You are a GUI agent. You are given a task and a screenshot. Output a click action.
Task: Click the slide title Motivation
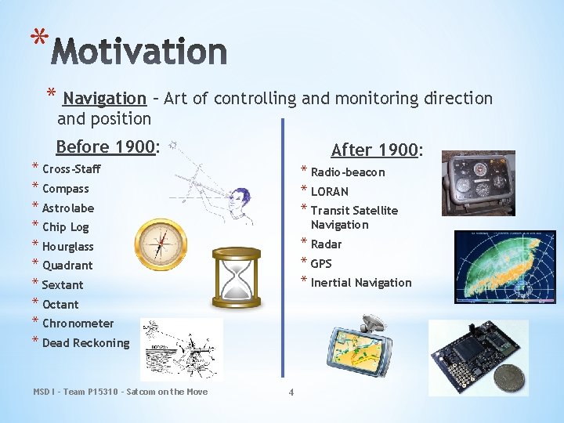point(142,52)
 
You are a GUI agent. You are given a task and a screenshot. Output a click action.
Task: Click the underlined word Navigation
point(104,99)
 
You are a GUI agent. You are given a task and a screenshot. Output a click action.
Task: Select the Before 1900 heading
point(107,147)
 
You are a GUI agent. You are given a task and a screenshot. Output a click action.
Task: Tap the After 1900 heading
point(377,150)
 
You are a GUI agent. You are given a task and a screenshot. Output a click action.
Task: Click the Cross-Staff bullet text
point(71,169)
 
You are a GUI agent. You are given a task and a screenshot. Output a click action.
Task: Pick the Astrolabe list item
point(67,208)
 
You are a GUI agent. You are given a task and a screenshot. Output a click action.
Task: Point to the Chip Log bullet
point(65,227)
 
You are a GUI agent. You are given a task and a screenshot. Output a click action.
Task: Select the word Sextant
point(63,284)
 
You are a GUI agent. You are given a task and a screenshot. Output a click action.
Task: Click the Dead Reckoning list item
point(85,342)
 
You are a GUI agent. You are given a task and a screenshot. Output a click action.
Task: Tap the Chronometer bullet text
point(78,323)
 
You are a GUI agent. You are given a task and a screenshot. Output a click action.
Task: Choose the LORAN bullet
point(329,191)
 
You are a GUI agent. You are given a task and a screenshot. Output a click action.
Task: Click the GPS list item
point(321,263)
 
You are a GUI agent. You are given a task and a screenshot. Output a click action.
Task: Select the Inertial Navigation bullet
point(360,282)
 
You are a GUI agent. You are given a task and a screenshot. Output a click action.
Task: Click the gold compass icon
point(160,245)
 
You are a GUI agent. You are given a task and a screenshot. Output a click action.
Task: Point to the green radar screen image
point(504,266)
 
